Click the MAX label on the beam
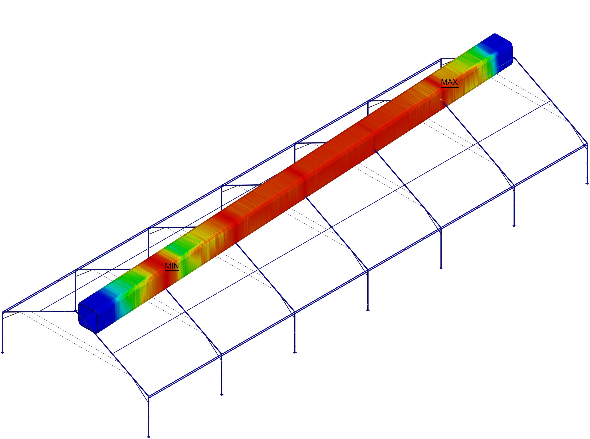(x=449, y=82)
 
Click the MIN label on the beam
(x=172, y=266)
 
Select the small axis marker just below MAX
(x=441, y=99)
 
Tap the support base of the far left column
(x=3, y=352)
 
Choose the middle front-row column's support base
(x=368, y=310)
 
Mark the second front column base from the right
(x=514, y=226)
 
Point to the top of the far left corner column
(x=3, y=312)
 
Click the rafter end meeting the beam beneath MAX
(x=444, y=104)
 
